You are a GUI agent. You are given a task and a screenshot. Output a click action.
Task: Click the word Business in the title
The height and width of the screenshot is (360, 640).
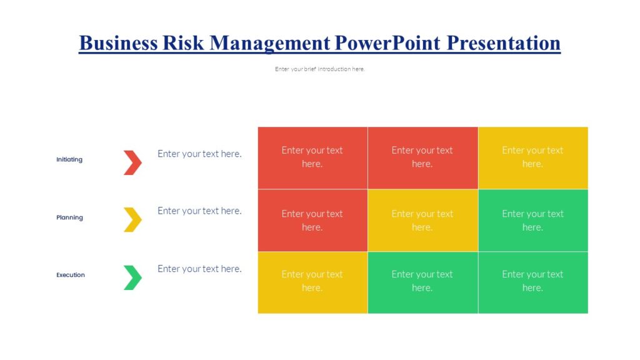pos(118,42)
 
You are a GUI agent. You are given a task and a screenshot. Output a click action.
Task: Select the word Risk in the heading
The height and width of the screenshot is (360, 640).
pos(184,42)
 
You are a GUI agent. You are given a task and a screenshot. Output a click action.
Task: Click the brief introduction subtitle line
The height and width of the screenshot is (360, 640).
pos(319,69)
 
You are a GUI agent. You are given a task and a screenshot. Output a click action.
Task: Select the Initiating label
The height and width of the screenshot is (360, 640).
pos(69,159)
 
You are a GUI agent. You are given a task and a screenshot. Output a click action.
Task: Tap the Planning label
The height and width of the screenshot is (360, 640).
pos(69,217)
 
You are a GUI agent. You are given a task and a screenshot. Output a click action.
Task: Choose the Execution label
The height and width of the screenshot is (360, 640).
pos(71,275)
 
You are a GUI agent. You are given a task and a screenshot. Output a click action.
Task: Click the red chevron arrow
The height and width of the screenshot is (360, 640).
pos(132,162)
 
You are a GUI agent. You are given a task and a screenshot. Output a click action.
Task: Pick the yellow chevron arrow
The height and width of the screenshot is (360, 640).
pos(132,219)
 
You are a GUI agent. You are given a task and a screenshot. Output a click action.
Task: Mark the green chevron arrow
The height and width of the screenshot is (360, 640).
pos(132,277)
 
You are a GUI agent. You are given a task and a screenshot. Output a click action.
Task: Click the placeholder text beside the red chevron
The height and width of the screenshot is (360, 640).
pos(199,154)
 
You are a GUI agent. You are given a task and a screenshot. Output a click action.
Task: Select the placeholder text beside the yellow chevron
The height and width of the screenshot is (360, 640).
pos(199,211)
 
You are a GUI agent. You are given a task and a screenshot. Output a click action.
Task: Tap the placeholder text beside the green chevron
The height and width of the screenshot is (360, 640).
pos(199,269)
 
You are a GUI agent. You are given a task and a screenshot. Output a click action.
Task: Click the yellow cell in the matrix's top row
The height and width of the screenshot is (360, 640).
pos(532,157)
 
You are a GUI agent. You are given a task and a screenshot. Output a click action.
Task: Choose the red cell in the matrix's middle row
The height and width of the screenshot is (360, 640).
pos(312,220)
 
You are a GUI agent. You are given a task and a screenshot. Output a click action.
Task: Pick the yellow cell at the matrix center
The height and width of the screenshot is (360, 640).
pos(422,220)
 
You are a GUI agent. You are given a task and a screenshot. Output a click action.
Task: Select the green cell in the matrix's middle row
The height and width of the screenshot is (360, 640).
pos(532,220)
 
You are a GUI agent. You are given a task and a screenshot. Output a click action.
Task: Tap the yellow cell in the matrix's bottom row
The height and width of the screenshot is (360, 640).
pos(312,282)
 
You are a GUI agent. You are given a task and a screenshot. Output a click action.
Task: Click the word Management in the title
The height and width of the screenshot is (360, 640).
pos(269,42)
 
